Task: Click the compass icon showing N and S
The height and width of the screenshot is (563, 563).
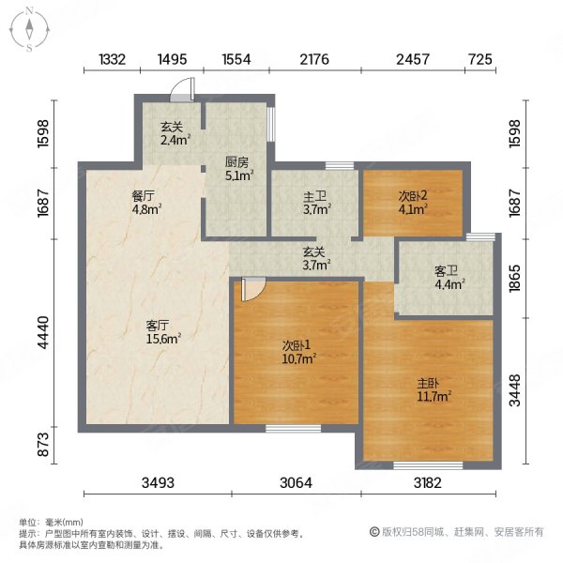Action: point(30,28)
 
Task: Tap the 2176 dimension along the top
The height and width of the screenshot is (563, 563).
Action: point(314,60)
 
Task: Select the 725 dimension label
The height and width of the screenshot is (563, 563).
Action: point(479,60)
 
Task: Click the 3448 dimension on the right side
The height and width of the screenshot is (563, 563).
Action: point(512,389)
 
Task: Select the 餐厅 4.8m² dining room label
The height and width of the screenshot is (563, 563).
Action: point(145,203)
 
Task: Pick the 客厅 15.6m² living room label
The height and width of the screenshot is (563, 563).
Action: point(162,332)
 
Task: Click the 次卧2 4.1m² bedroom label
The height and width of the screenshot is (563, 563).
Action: point(412,203)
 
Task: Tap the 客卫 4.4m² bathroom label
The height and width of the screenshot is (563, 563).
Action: point(447,275)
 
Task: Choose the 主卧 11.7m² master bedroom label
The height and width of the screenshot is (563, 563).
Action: point(431,389)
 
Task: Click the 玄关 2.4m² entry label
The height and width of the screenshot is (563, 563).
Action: point(173,134)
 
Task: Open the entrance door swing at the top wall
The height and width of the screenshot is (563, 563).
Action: point(181,88)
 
